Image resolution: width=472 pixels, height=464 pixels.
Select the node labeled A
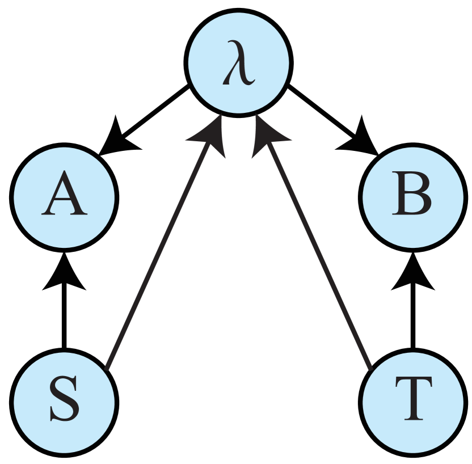[x=65, y=198]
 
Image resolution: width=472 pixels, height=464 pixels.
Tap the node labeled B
[x=413, y=198]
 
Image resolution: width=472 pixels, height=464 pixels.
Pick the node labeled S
[x=65, y=403]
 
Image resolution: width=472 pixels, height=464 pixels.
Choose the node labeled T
[x=413, y=403]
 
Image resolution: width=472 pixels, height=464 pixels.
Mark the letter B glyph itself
[x=412, y=198]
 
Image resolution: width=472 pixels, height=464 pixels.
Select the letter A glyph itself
[x=65, y=198]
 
